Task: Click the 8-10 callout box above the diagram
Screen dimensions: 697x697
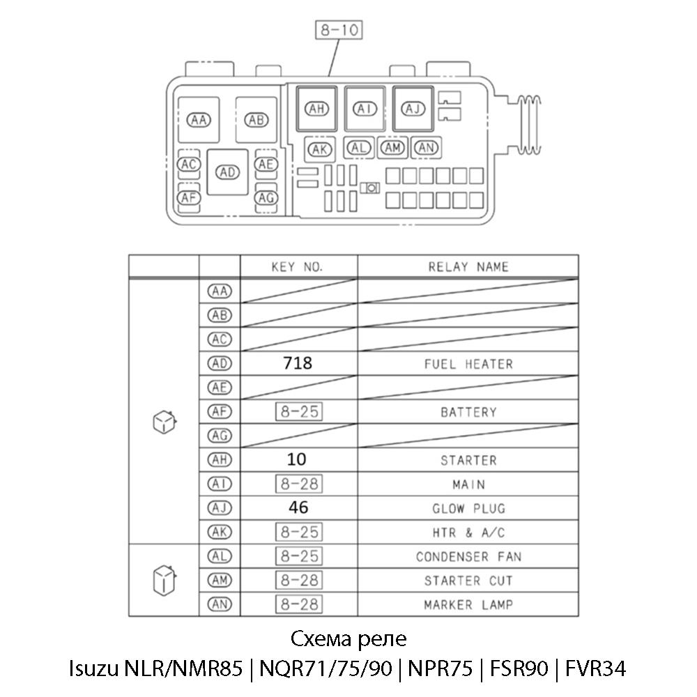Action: [x=339, y=31]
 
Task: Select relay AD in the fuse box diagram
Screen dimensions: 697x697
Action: [x=227, y=172]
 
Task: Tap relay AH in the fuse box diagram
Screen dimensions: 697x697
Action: [x=317, y=109]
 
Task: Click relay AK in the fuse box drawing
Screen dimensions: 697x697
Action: [x=320, y=148]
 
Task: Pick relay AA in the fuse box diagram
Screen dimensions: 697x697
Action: [x=199, y=120]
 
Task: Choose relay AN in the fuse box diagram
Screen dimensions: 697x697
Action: [x=427, y=147]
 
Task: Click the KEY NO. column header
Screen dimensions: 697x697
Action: [x=298, y=267]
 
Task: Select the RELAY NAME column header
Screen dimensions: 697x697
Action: [x=468, y=267]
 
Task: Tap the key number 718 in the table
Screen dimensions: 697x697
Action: [x=298, y=363]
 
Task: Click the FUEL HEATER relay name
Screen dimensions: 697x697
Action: [x=468, y=364]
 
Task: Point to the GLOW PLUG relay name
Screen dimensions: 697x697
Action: [x=468, y=509]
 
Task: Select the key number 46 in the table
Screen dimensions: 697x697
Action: [x=298, y=508]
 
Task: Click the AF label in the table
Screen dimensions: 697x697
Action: [x=220, y=412]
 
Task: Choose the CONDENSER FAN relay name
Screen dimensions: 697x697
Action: [x=468, y=557]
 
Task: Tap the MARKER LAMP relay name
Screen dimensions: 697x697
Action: [x=468, y=605]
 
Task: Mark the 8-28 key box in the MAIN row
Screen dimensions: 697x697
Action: [x=298, y=484]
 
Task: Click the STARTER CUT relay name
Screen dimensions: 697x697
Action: [x=468, y=581]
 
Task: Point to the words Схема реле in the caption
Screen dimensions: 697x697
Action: [x=347, y=639]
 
